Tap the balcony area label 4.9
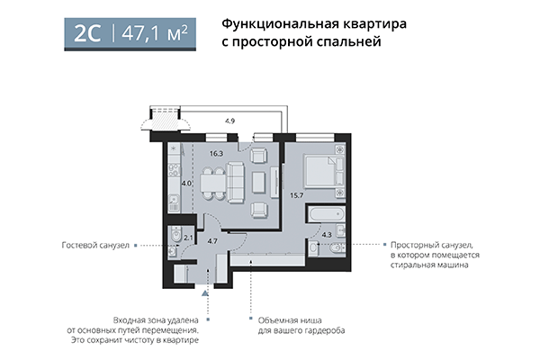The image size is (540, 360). coord(229,121)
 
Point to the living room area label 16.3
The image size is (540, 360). coord(215,153)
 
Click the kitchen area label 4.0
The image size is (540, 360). coord(186,184)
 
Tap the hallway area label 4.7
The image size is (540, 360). coord(212,240)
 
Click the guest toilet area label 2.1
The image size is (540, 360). coord(187,238)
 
